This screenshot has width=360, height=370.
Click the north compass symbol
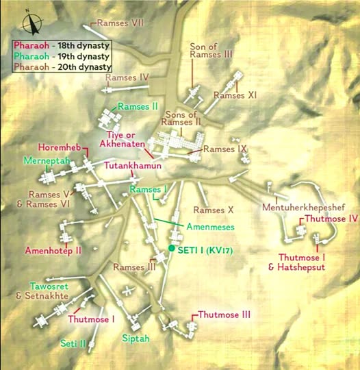(x=29, y=23)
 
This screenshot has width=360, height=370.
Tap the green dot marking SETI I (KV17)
(x=172, y=248)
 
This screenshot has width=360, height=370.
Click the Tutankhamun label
(x=133, y=166)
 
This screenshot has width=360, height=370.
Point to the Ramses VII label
(x=120, y=23)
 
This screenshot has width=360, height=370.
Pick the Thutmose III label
(x=224, y=314)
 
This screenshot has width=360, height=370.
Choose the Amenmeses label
(x=210, y=226)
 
